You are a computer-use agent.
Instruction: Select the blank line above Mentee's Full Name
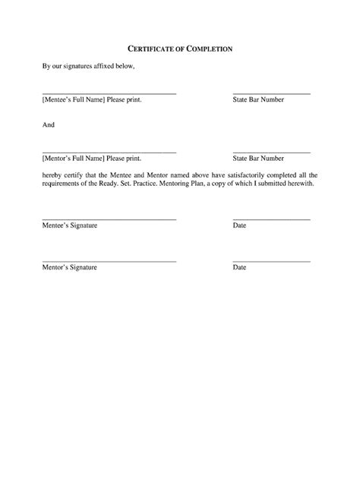[x=109, y=93]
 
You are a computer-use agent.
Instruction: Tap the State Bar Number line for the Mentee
[x=271, y=93]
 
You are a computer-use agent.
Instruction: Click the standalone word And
[x=48, y=125]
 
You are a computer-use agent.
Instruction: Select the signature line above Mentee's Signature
[x=109, y=219]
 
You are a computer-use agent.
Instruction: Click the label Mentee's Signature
[x=69, y=226]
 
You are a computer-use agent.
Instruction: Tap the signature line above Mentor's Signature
[x=109, y=262]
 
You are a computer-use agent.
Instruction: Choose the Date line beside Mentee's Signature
[x=271, y=219]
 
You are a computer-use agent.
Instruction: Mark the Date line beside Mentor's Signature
[x=271, y=262]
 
